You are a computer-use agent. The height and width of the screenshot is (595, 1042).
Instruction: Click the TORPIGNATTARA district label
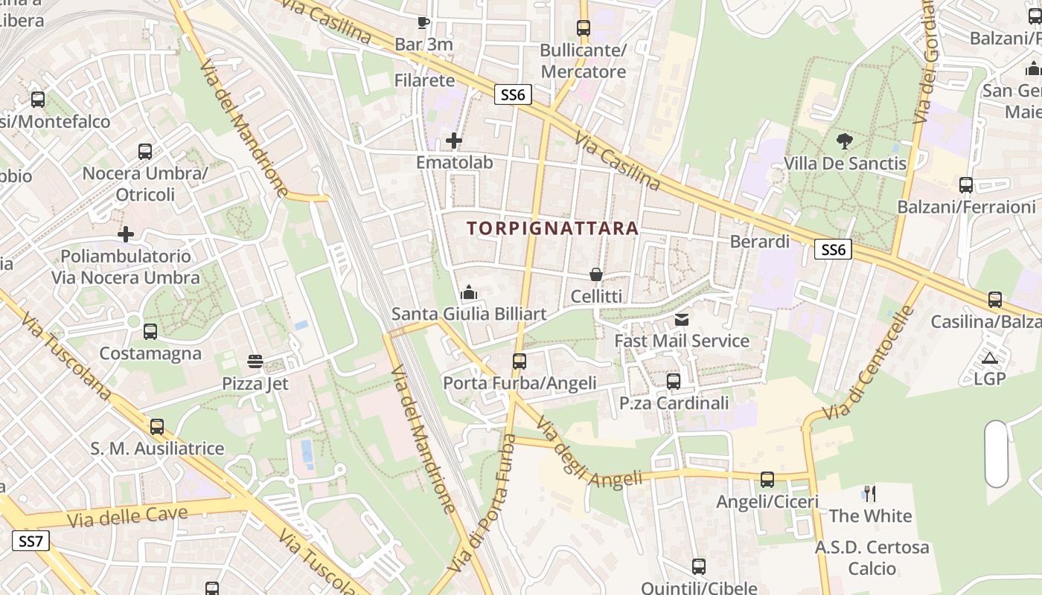point(553,228)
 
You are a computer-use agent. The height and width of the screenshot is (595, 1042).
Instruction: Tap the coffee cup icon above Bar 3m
point(423,22)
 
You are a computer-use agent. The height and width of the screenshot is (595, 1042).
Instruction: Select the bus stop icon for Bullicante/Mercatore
point(584,28)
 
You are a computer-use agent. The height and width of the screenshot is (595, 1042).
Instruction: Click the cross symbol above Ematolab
point(454,140)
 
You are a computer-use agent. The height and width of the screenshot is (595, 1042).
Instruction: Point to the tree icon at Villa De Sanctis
point(844,141)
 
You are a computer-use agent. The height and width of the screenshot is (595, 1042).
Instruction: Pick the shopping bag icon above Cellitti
point(595,274)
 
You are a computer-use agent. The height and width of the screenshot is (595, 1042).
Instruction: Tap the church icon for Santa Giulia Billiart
point(469,292)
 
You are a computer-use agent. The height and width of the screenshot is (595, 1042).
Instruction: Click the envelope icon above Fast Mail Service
point(681,320)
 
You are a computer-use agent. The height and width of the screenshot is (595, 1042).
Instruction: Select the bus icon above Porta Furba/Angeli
point(520,361)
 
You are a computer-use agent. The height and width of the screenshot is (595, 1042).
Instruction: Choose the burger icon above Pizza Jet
point(255,362)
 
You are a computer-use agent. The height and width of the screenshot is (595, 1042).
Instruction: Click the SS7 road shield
point(31,541)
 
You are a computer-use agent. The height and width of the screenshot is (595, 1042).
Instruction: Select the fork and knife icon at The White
point(869,493)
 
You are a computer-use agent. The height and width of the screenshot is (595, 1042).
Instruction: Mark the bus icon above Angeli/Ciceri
point(767,480)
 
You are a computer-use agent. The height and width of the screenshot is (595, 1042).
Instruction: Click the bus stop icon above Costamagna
point(150,332)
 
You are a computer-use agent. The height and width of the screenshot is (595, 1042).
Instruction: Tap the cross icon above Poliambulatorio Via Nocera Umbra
point(126,234)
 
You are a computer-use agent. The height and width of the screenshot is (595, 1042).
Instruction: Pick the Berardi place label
point(759,242)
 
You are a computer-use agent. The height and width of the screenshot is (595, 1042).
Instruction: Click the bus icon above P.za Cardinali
point(674,382)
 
